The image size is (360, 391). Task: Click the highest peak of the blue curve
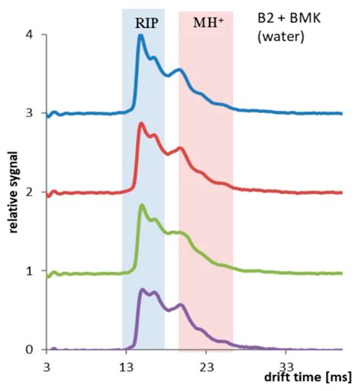coord(141,36)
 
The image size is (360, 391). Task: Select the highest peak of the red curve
coord(141,124)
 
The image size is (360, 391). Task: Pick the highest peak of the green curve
coord(141,206)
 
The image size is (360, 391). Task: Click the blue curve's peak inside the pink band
coord(179,70)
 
